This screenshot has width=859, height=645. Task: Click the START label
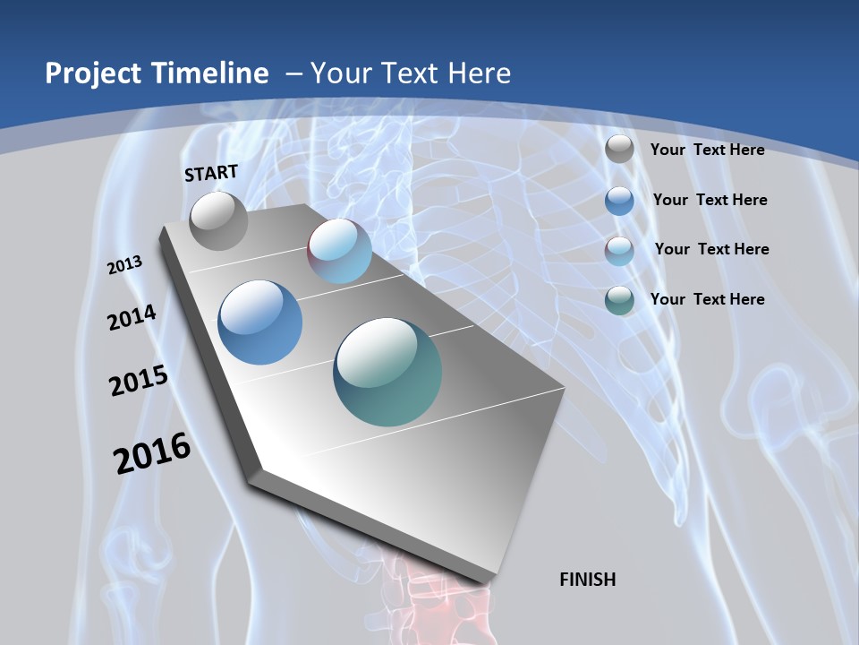click(211, 173)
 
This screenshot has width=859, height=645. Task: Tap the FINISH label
click(588, 580)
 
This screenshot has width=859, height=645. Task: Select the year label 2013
click(124, 265)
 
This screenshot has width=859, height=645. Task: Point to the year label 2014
click(132, 317)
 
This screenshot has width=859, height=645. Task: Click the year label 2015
click(139, 381)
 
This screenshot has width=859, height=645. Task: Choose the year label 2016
click(152, 453)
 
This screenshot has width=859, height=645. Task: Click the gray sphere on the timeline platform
click(218, 220)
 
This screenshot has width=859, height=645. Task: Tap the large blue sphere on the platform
click(260, 322)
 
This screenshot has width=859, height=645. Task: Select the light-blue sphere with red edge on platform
click(339, 251)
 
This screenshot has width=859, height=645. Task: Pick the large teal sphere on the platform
click(387, 372)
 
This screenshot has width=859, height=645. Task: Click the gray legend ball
click(619, 150)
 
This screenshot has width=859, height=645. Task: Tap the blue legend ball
click(619, 201)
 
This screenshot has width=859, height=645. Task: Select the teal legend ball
click(619, 300)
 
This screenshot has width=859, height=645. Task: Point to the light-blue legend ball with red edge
click(619, 251)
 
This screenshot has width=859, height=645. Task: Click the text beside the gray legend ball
click(707, 150)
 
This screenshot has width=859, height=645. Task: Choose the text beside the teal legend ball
click(707, 299)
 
